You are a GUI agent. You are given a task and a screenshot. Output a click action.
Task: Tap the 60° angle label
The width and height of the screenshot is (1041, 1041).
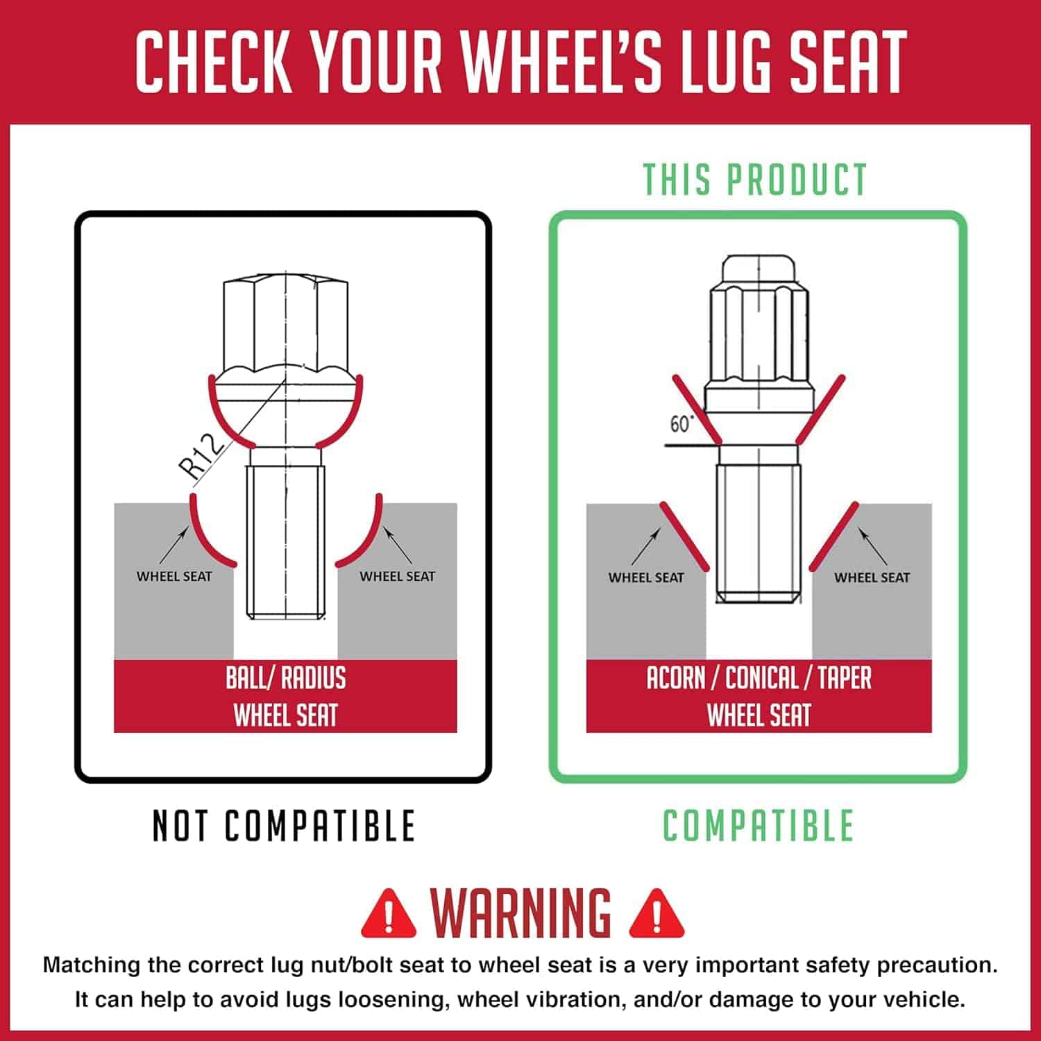(681, 423)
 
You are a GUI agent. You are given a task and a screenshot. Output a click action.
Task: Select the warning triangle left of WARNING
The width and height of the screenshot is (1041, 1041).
(389, 912)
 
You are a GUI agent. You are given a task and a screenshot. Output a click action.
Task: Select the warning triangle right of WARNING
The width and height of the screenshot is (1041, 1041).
(657, 912)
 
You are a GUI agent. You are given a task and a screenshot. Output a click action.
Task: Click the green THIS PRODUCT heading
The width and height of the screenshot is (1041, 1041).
(756, 180)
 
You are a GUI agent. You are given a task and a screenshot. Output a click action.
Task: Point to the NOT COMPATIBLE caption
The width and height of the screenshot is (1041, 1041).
(284, 826)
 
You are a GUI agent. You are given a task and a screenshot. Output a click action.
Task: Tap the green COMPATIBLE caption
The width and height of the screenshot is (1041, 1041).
(758, 825)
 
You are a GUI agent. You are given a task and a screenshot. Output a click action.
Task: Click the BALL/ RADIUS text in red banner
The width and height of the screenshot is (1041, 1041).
(285, 678)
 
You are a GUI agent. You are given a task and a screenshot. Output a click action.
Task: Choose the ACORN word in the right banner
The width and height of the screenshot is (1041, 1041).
(675, 678)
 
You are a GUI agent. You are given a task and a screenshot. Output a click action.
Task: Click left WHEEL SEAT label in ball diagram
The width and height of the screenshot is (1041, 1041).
(174, 576)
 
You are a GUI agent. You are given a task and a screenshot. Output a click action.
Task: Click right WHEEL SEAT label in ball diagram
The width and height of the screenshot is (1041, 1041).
(397, 576)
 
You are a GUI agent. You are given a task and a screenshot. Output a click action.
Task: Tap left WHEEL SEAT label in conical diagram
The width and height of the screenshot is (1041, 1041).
(646, 577)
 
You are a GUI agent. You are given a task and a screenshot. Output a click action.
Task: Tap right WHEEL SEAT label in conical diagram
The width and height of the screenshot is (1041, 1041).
(872, 577)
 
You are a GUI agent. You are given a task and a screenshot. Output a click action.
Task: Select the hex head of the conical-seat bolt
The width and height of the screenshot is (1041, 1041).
(759, 319)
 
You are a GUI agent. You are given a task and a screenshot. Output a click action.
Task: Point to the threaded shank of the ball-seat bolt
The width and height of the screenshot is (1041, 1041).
(285, 542)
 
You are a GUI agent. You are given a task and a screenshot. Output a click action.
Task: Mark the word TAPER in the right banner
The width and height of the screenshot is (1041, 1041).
(845, 678)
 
